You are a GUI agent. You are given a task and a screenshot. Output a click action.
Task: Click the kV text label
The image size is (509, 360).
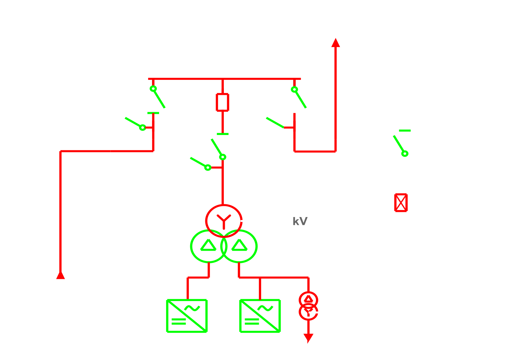(300, 221)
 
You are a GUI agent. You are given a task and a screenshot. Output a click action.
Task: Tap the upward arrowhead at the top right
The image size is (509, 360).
(335, 43)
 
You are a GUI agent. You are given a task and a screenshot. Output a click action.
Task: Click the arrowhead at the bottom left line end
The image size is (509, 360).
(60, 275)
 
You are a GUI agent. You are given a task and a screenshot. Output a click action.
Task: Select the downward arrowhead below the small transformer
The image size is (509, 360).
(308, 338)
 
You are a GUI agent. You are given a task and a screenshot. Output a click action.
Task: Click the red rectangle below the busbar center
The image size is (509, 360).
(223, 102)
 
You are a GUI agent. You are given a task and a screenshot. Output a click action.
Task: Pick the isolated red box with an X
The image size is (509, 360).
(401, 203)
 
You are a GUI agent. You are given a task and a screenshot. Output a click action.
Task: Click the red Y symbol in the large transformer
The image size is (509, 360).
(224, 222)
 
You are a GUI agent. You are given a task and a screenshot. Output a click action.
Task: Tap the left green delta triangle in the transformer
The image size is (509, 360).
(208, 245)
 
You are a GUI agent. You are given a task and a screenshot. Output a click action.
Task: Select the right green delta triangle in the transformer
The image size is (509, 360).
(239, 245)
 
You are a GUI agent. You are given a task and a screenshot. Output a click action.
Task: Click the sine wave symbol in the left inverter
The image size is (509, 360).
(192, 308)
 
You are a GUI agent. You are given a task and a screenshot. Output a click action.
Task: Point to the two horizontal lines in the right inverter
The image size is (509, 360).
(252, 322)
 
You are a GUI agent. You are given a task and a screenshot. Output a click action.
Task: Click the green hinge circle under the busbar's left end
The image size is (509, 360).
(153, 88)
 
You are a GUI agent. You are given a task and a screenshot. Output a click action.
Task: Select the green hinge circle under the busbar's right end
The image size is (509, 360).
(294, 89)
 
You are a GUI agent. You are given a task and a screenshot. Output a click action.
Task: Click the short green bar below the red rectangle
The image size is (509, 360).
(223, 134)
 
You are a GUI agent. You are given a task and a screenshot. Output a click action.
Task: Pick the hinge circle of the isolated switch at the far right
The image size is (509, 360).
(405, 154)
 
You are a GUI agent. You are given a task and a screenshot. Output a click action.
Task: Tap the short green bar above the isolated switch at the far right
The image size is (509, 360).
(405, 130)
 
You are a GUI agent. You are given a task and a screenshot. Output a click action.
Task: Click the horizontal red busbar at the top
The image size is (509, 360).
(225, 79)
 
